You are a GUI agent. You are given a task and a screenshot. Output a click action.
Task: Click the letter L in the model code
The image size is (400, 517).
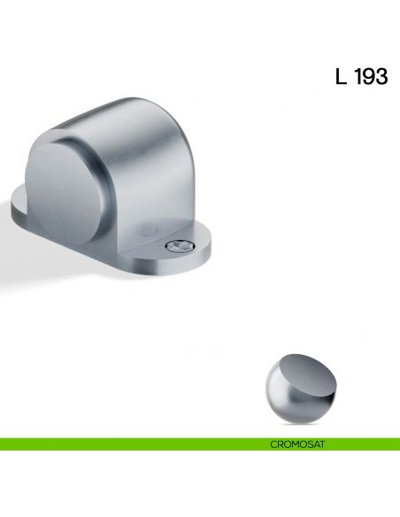pyautogui.click(x=341, y=77)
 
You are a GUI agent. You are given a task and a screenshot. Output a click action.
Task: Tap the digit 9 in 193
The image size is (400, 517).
pyautogui.click(x=370, y=77)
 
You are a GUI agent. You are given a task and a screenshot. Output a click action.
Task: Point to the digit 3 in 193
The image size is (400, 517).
pyautogui.click(x=381, y=77)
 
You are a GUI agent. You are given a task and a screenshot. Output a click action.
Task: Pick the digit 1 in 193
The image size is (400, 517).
pyautogui.click(x=358, y=77)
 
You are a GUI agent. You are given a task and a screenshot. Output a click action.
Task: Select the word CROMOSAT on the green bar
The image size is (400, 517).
pyautogui.click(x=297, y=444)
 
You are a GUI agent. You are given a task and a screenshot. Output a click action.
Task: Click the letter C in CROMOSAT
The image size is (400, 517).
pyautogui.click(x=273, y=444)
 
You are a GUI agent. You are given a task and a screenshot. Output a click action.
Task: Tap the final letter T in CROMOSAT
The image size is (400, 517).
pyautogui.click(x=322, y=444)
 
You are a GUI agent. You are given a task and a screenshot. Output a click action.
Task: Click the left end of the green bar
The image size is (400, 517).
pyautogui.click(x=4, y=444)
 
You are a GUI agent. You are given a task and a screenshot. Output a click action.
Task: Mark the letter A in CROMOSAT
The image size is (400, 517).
pyautogui.click(x=315, y=444)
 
